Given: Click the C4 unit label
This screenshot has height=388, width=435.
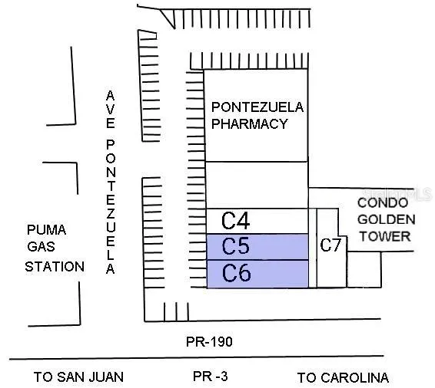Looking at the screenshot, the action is [x=235, y=221].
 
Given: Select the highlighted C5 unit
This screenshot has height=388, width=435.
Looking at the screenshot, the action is [x=257, y=247].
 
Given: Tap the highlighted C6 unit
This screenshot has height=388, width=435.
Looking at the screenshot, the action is [x=257, y=274].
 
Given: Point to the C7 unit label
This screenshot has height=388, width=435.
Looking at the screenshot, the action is [x=330, y=245].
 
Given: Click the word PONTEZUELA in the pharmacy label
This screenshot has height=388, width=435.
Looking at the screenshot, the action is [x=257, y=107].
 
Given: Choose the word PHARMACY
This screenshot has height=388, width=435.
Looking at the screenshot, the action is [x=250, y=123].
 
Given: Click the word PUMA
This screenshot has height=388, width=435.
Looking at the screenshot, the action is [x=47, y=230].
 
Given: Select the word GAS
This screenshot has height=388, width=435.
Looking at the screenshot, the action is [x=41, y=247].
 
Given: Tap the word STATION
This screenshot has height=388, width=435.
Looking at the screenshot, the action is [x=55, y=267].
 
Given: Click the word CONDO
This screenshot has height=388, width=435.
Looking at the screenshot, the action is [x=383, y=203].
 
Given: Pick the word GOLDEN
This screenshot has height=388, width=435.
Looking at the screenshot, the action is [x=386, y=220].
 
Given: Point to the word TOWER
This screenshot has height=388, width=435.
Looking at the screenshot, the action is [x=385, y=236].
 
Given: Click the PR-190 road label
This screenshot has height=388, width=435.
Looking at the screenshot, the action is [x=209, y=342].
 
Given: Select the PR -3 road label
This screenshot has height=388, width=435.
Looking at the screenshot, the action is [x=211, y=376].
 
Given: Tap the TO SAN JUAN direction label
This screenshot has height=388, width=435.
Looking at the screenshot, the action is [x=78, y=377].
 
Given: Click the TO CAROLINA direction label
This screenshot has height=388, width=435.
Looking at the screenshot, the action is [x=343, y=378].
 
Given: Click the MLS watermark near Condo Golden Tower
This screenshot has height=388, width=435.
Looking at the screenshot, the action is [x=397, y=194].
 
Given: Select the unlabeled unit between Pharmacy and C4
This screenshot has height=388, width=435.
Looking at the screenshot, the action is [x=257, y=185].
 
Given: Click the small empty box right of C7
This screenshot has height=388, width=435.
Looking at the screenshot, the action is [x=364, y=269].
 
